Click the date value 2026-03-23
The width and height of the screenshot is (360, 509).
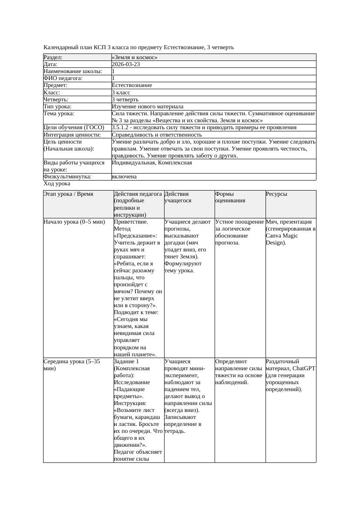pyautogui.click(x=126, y=64)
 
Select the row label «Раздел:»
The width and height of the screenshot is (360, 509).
pyautogui.click(x=53, y=57)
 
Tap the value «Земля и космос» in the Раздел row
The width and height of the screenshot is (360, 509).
pyautogui.click(x=135, y=57)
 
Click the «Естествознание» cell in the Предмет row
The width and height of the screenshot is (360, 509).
pyautogui.click(x=132, y=85)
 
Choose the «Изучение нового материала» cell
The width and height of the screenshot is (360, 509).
pyautogui.click(x=148, y=106)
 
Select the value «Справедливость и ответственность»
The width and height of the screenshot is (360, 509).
pyautogui.click(x=157, y=135)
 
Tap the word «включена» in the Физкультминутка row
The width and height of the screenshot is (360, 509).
pyautogui.click(x=124, y=177)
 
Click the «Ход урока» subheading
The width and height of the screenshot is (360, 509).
pyautogui.click(x=57, y=184)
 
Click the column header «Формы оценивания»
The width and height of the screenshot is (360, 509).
pyautogui.click(x=230, y=197)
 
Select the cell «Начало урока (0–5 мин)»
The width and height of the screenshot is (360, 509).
pyautogui.click(x=74, y=222)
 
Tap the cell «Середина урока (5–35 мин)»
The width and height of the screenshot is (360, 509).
pyautogui.click(x=72, y=365)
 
